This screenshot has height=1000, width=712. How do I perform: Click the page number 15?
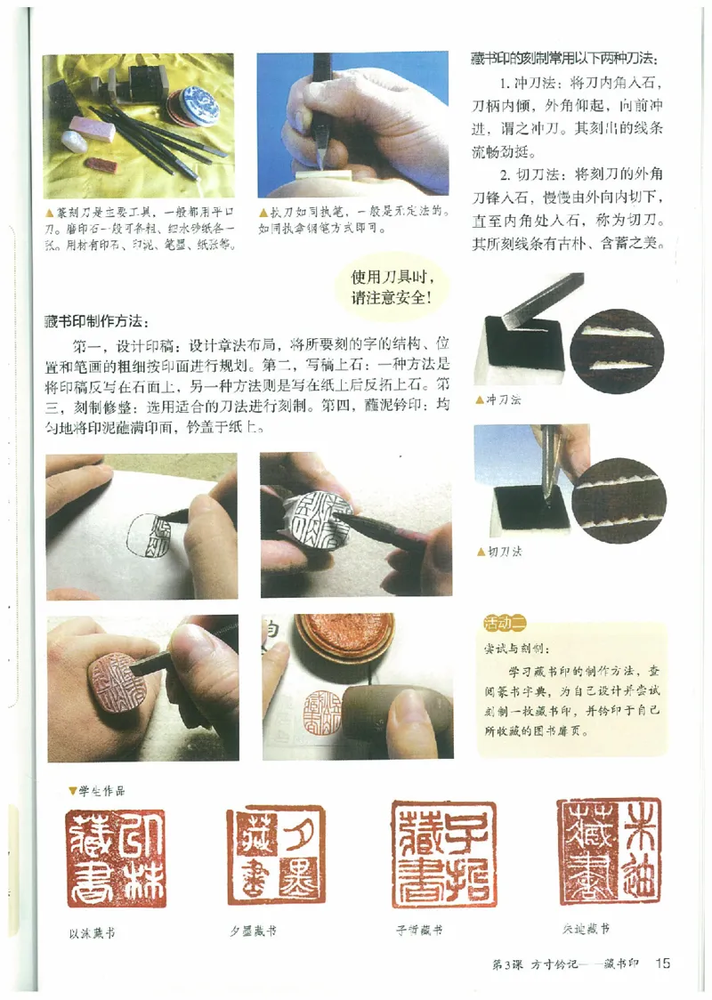[x=663, y=963]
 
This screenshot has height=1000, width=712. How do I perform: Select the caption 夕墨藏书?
[x=253, y=931]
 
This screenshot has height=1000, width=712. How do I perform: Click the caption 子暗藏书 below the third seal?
[x=420, y=931]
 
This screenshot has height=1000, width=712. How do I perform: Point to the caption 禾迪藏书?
[x=585, y=929]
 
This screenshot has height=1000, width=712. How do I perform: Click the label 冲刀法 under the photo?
[x=505, y=399]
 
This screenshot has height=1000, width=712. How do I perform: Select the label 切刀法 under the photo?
[x=505, y=552]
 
